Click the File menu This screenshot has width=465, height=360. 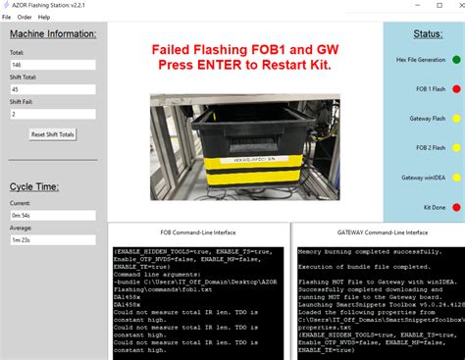pyautogui.click(x=7, y=17)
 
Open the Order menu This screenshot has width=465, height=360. pyautogui.click(x=24, y=17)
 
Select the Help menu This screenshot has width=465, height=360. pyautogui.click(x=43, y=17)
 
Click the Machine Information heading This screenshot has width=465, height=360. pyautogui.click(x=52, y=34)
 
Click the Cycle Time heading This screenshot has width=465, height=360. pyautogui.click(x=34, y=186)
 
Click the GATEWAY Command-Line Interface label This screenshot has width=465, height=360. pyautogui.click(x=377, y=232)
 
